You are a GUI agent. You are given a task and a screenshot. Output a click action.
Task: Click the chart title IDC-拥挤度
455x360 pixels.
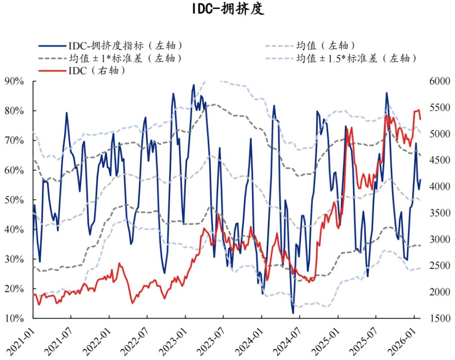click(x=227, y=9)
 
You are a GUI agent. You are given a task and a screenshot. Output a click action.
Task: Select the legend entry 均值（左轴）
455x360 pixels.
click(x=325, y=45)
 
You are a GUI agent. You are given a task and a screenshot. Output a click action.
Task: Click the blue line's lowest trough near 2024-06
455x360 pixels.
click(x=293, y=313)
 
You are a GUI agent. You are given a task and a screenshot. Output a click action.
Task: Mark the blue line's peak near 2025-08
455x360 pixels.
click(x=387, y=93)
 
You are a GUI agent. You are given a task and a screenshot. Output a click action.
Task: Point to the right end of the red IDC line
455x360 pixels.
click(x=420, y=119)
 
